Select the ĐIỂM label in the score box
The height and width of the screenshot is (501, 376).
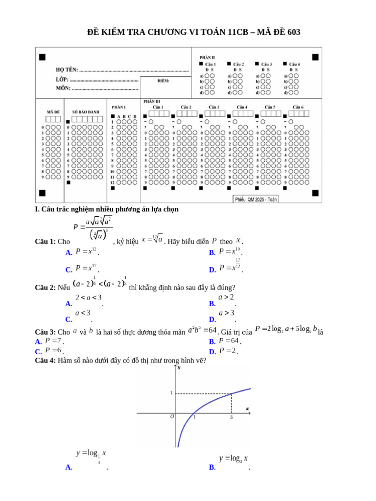pos(164,80)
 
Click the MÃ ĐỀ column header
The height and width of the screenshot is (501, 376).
pos(53,112)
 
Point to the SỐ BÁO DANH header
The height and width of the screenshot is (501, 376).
pos(85,112)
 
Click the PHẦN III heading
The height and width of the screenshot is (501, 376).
pos(151,101)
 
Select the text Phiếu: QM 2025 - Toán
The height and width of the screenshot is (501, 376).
pos(256,199)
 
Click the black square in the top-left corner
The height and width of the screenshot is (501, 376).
pos(42,57)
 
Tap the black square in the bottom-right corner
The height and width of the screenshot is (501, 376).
pos(316,192)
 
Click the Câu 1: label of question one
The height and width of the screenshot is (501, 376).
pos(46,242)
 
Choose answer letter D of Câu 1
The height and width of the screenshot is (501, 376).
pos(212,270)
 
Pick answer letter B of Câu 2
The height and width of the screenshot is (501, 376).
pos(212,304)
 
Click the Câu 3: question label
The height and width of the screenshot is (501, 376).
pos(46,332)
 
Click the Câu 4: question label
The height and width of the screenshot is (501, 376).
pos(46,362)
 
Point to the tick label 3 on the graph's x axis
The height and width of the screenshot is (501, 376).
pos(231,417)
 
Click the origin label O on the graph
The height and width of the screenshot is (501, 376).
pos(172,417)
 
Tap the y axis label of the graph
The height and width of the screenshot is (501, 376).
pos(179,367)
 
